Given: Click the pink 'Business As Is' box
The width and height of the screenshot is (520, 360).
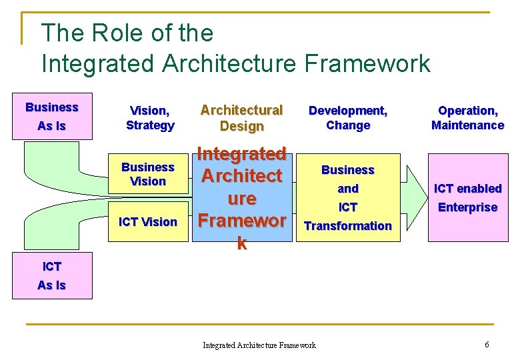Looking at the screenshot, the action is click(52, 117).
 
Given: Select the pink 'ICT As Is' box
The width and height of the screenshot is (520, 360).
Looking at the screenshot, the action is click(52, 276).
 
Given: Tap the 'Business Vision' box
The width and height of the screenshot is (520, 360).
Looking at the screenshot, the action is click(148, 175).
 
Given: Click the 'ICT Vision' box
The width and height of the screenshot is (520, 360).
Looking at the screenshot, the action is click(148, 222).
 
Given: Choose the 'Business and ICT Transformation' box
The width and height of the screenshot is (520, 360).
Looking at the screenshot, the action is click(348, 198).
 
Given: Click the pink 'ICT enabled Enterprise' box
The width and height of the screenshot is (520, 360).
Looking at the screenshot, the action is click(467, 198).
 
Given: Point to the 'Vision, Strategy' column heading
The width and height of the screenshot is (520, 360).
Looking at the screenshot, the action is click(150, 118).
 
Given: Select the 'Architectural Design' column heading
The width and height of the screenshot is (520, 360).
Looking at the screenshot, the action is click(242, 118).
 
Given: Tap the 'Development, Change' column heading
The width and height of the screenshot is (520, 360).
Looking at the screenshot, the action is click(348, 118).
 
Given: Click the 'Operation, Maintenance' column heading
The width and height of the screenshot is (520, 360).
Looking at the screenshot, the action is click(467, 118).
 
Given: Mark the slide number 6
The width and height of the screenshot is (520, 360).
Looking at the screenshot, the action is click(487, 345).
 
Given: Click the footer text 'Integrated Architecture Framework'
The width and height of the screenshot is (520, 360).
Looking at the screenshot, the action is click(259, 345).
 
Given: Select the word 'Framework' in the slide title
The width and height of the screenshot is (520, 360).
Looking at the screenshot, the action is click(367, 64).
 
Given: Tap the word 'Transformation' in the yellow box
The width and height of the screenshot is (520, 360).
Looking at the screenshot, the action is click(348, 226).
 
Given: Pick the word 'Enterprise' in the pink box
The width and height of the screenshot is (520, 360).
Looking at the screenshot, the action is click(467, 207).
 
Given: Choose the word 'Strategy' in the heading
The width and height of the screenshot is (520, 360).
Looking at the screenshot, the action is click(150, 125).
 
